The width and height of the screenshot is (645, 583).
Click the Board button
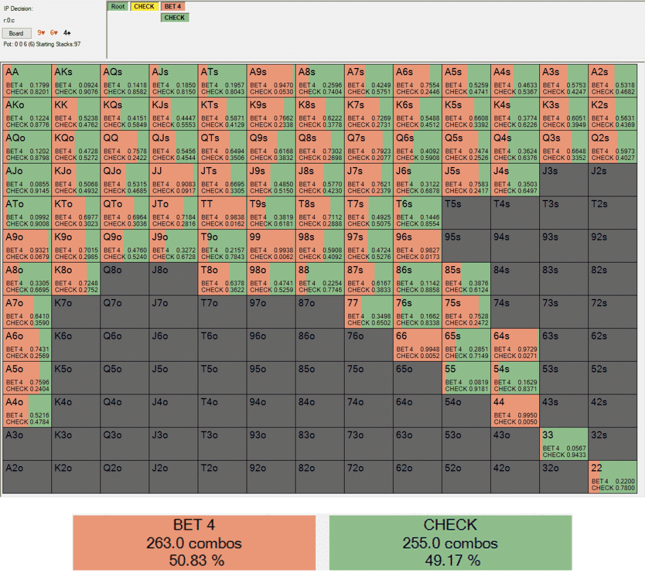[16, 33]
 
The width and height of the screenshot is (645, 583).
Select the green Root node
[118, 7]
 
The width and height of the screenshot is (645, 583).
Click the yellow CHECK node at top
[144, 7]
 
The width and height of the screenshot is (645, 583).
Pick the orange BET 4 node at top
[173, 7]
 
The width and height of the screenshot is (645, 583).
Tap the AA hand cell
[27, 80]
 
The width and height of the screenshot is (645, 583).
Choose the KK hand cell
[76, 113]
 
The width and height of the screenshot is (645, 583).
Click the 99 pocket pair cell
[271, 245]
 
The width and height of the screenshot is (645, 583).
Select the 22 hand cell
[612, 477]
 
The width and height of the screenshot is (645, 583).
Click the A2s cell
[612, 80]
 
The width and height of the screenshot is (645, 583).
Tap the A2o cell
[27, 477]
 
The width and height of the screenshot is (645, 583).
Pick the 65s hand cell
[466, 345]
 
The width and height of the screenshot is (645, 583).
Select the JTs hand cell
[222, 179]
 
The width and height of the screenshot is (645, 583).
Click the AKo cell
[27, 113]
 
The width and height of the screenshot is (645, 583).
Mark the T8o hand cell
[222, 279]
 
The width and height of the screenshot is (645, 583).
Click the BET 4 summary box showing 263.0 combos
[194, 542]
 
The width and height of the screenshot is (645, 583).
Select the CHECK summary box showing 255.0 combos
[450, 542]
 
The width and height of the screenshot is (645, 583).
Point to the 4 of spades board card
[67, 33]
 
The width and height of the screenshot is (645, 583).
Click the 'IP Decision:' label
[19, 9]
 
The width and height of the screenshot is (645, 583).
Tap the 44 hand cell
[515, 411]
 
